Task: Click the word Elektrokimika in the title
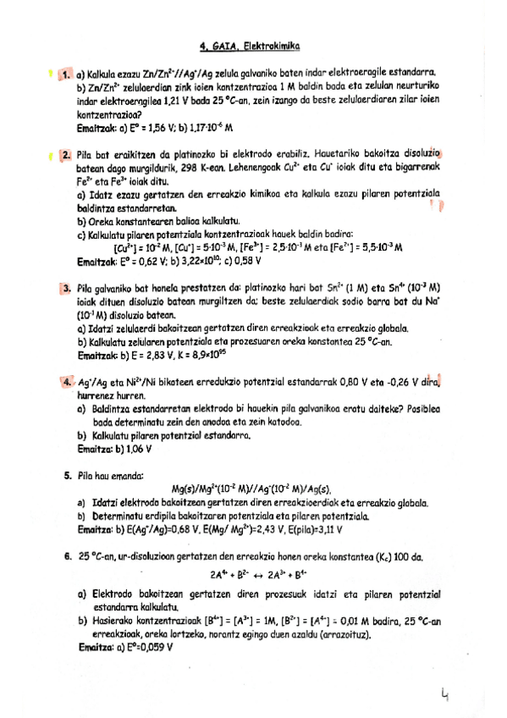point(273,49)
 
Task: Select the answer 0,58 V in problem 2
point(247,262)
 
